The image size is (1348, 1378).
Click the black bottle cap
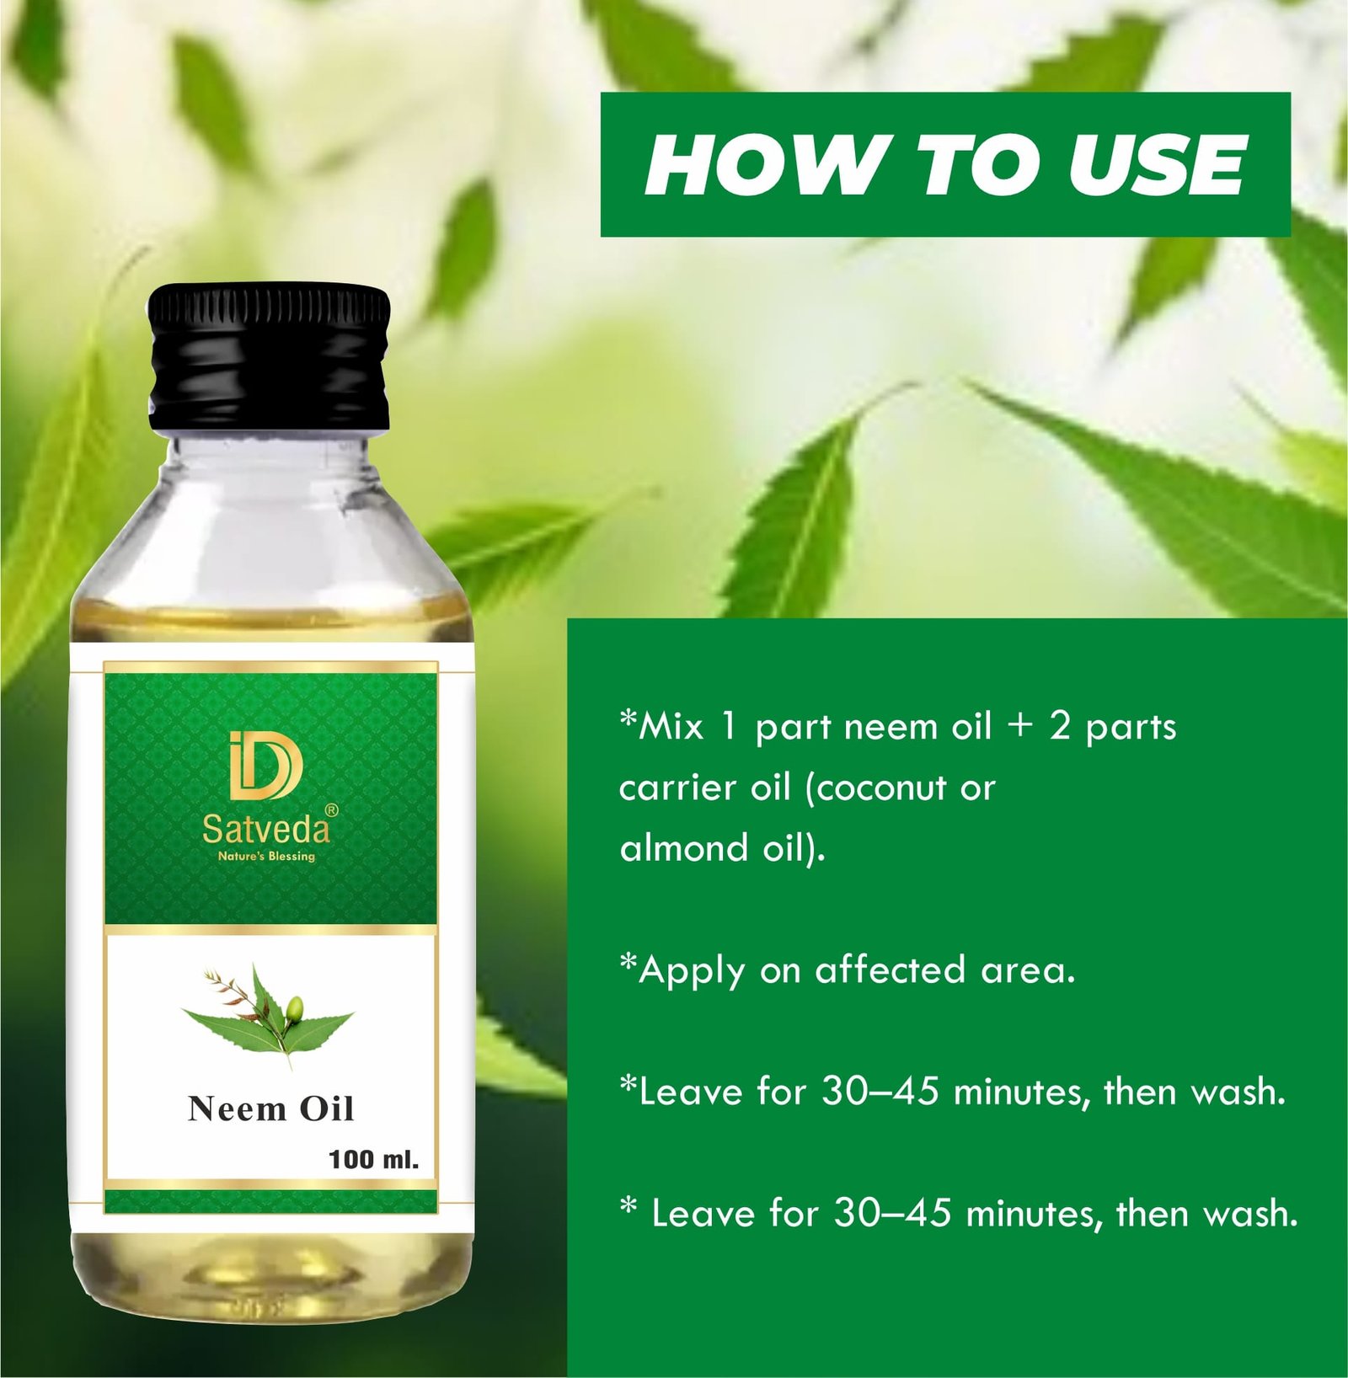pyautogui.click(x=269, y=357)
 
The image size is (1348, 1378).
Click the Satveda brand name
pyautogui.click(x=265, y=830)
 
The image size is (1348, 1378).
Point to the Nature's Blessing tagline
pyautogui.click(x=266, y=857)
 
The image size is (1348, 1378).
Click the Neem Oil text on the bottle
pyautogui.click(x=271, y=1108)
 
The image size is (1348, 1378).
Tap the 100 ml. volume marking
pyautogui.click(x=373, y=1160)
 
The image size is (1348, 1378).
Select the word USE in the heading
pyautogui.click(x=1157, y=164)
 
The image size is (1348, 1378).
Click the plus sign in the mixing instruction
pyautogui.click(x=1020, y=727)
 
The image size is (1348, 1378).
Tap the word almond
pyautogui.click(x=684, y=848)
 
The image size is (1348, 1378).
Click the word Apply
pyautogui.click(x=692, y=972)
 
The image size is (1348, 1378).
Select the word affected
pyautogui.click(x=890, y=969)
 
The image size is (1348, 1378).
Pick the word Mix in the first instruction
pyautogui.click(x=671, y=726)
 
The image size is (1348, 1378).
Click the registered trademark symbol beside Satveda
pyautogui.click(x=332, y=810)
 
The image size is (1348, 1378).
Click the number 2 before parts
pyautogui.click(x=1060, y=726)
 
